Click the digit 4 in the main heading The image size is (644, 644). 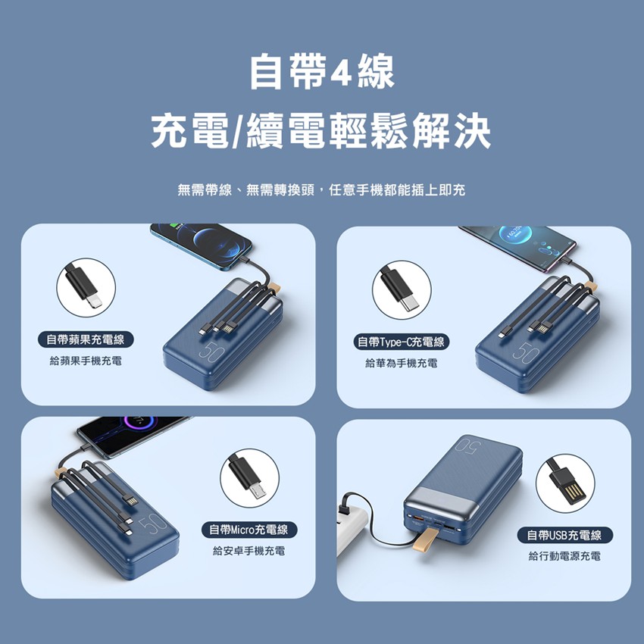coord(339,73)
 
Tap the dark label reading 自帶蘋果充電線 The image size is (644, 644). coord(86,339)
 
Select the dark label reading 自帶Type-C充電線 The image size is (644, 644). coord(402,342)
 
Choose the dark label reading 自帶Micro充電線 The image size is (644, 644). coord(249,530)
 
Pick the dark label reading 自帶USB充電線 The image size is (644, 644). coord(564,535)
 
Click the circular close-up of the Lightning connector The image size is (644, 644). coord(86,287)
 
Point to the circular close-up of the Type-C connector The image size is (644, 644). coord(402,290)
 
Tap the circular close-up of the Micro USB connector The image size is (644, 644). coord(249,478)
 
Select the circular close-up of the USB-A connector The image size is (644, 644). coord(565,483)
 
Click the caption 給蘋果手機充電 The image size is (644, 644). coord(86,361)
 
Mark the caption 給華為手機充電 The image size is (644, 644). coord(402,363)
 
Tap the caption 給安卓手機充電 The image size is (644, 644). coord(249,551)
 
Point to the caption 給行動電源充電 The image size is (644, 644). coord(564,556)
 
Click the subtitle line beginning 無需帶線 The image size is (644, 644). coord(321,190)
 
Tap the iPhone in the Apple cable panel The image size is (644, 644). coord(202,245)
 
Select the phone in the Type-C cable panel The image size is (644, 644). coord(518,247)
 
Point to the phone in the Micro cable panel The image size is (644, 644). coord(131,436)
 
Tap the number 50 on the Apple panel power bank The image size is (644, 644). coord(211,352)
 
